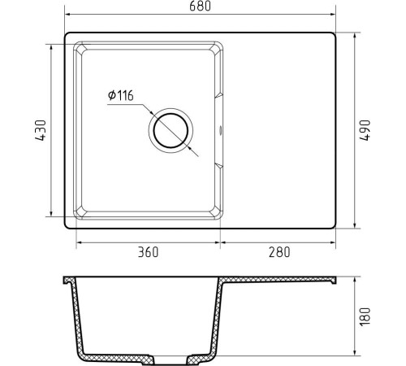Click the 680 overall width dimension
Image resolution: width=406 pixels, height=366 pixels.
(200, 7)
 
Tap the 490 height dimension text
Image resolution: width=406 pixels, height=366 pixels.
(365, 130)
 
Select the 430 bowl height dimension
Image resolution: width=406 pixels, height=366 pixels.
(41, 130)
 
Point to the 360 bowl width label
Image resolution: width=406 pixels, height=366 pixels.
(148, 252)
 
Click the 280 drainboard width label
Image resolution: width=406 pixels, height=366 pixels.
(279, 252)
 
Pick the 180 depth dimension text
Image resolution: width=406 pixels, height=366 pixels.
(365, 316)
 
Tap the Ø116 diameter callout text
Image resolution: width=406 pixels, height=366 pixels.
(121, 95)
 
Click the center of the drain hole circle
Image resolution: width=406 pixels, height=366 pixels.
(171, 130)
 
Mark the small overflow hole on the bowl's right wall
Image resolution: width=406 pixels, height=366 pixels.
(220, 130)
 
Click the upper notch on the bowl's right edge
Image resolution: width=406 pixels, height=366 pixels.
(218, 96)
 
